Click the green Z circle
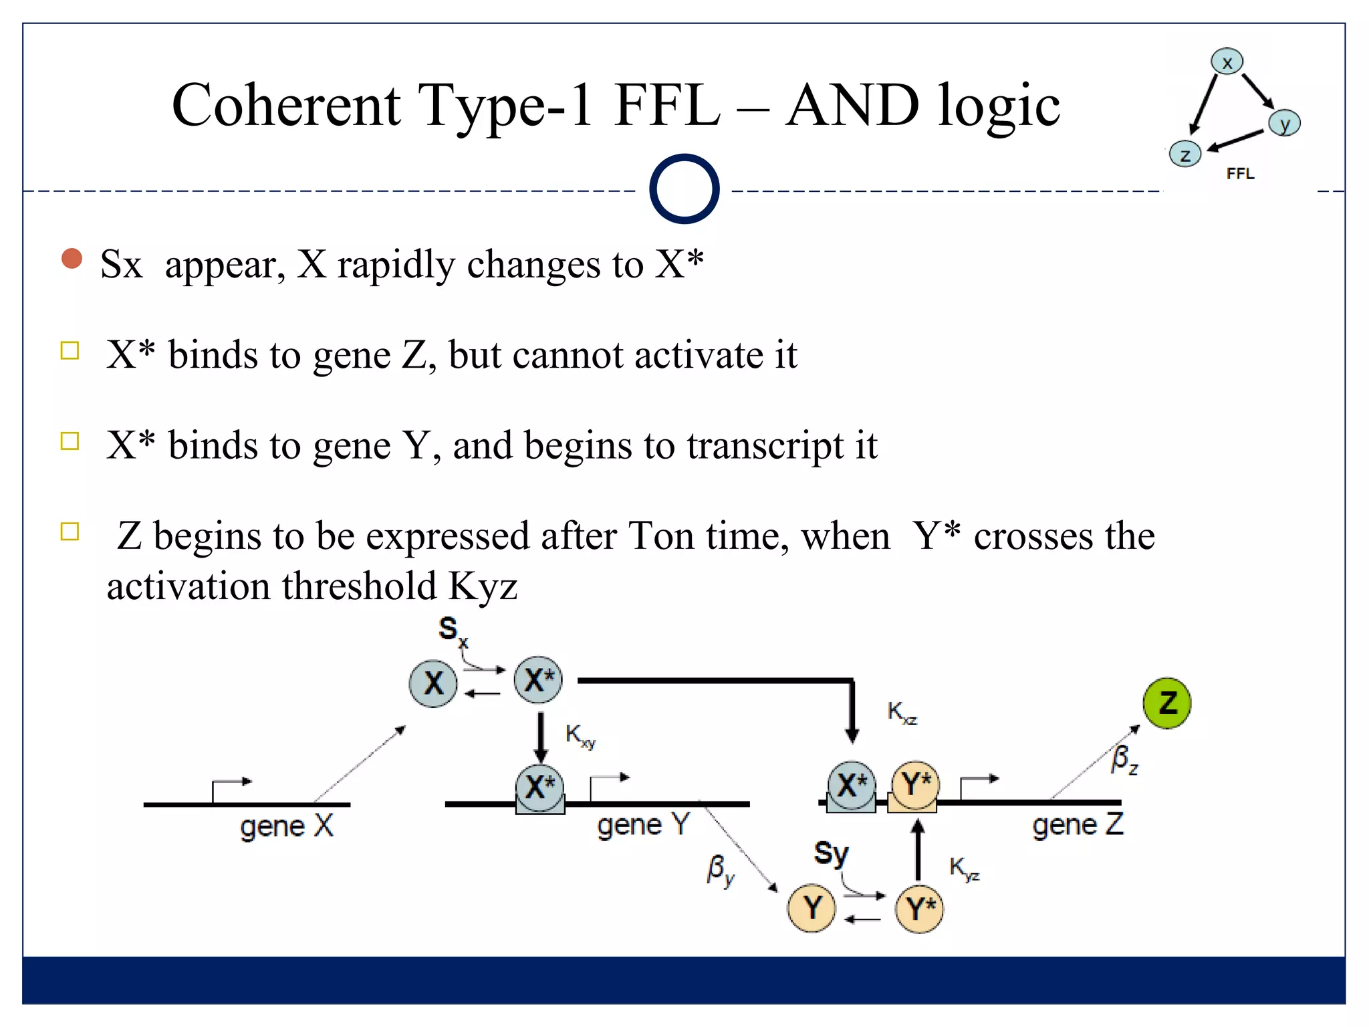pyautogui.click(x=1166, y=703)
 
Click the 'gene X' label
pyautogui.click(x=286, y=826)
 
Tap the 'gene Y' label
pyautogui.click(x=642, y=825)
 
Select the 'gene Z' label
pyautogui.click(x=1077, y=825)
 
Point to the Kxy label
pyautogui.click(x=580, y=736)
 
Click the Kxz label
pyautogui.click(x=902, y=713)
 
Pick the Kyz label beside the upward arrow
pyautogui.click(x=964, y=869)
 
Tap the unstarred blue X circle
pyautogui.click(x=433, y=683)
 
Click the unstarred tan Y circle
pyautogui.click(x=812, y=908)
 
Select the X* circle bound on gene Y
pyautogui.click(x=539, y=787)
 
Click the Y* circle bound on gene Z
pyautogui.click(x=915, y=784)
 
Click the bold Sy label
pyautogui.click(x=831, y=854)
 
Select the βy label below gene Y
pyautogui.click(x=721, y=871)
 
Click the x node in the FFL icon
pyautogui.click(x=1227, y=62)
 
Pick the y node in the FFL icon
pyautogui.click(x=1284, y=123)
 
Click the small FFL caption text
pyautogui.click(x=1240, y=174)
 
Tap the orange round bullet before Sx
pyautogui.click(x=72, y=259)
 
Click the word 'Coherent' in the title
pyautogui.click(x=286, y=106)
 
